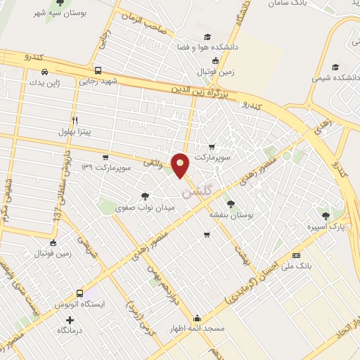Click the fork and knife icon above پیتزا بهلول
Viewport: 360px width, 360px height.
[75, 119]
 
